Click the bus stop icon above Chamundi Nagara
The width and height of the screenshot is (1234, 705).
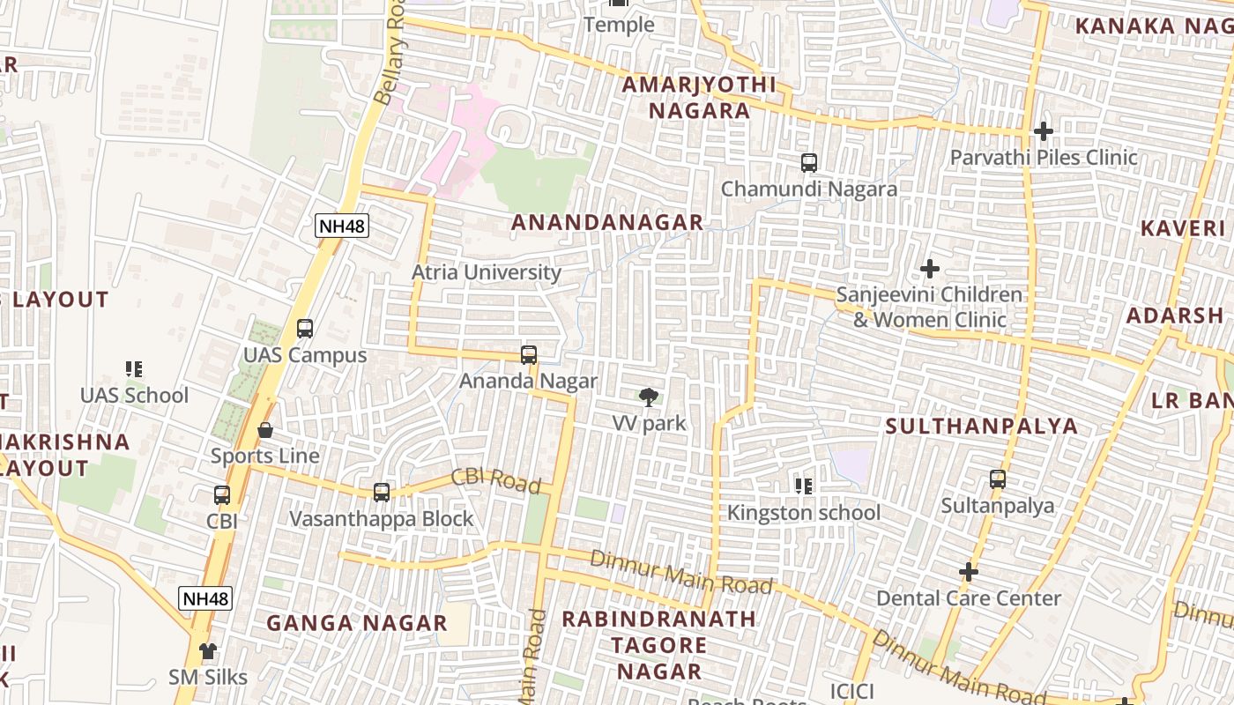point(808,163)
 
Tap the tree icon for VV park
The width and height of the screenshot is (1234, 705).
point(649,397)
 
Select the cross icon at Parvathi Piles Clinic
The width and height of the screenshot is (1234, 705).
point(1043,131)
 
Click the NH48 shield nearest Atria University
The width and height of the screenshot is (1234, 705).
point(342,226)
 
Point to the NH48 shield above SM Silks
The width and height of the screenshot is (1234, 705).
point(205,599)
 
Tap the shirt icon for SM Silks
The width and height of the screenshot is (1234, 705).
point(207,651)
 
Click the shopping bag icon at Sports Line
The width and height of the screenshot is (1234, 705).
point(264,430)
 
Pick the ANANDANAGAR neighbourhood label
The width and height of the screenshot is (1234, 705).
point(607,223)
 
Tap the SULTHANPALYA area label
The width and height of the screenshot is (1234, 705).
point(981,427)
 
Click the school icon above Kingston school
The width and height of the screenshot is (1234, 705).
point(803,486)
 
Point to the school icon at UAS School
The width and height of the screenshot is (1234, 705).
point(134,369)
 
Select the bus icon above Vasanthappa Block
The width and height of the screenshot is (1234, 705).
point(382,493)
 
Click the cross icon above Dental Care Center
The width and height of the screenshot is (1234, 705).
point(968,572)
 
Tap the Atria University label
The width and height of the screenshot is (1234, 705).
point(486,272)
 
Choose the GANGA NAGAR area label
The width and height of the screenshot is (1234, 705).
point(357,623)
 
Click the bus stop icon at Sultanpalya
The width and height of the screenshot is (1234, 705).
point(997,479)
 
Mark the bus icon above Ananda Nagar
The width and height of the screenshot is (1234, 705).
point(529,355)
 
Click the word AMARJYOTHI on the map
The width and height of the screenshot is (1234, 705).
point(699,85)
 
